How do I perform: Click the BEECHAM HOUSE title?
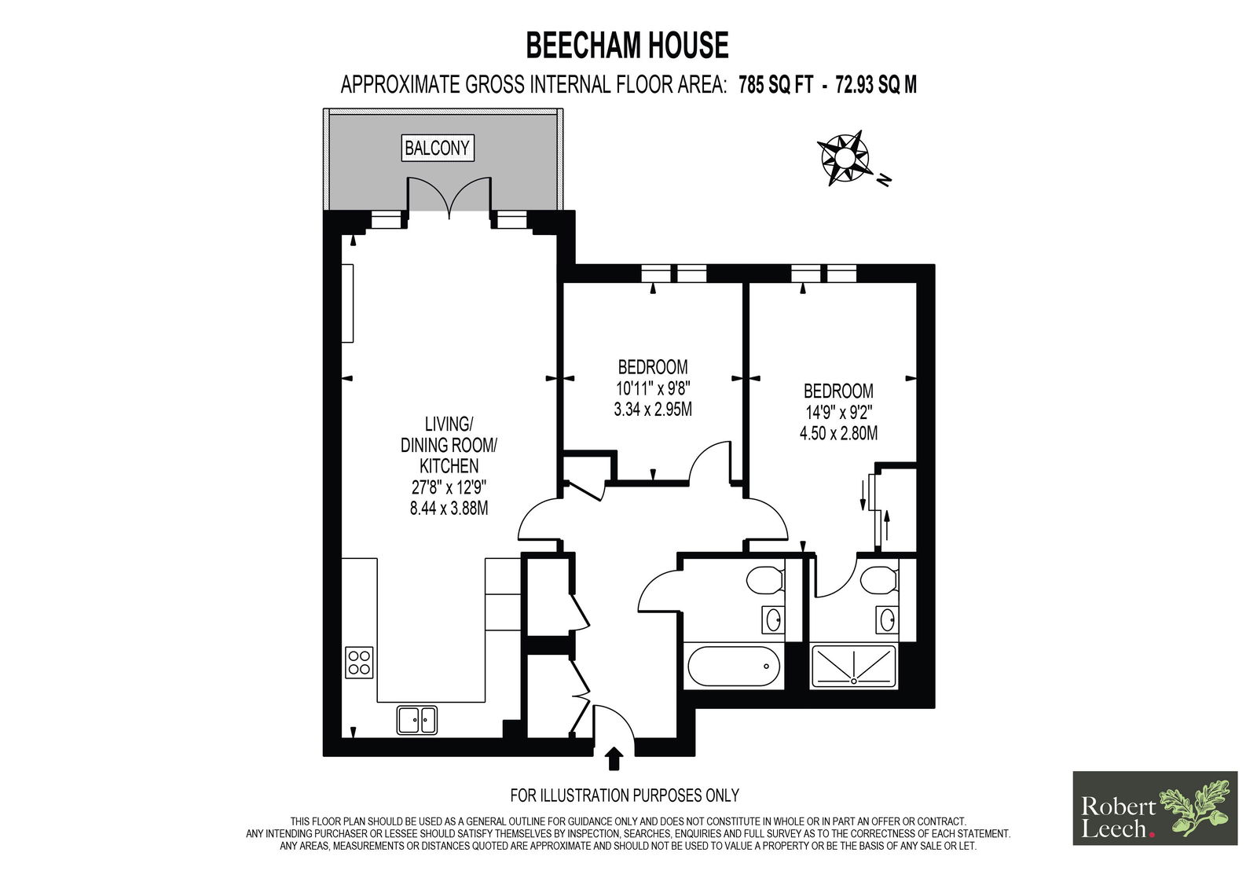(627, 46)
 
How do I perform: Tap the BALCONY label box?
(438, 149)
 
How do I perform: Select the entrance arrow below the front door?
(615, 759)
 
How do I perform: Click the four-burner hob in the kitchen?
(359, 663)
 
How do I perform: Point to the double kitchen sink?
(417, 720)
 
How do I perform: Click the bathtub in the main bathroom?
(733, 666)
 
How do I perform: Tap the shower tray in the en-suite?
(853, 666)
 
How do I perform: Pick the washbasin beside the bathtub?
(772, 619)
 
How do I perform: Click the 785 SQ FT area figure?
(775, 85)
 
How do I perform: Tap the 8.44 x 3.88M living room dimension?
(449, 509)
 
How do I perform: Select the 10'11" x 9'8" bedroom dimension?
(653, 388)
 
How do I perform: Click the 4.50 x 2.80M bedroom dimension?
(838, 433)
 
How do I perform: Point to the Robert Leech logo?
(1155, 808)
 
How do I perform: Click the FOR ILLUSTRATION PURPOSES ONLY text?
(625, 795)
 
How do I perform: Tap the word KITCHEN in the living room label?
(449, 465)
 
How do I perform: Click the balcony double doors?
(449, 197)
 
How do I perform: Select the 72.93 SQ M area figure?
(876, 85)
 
